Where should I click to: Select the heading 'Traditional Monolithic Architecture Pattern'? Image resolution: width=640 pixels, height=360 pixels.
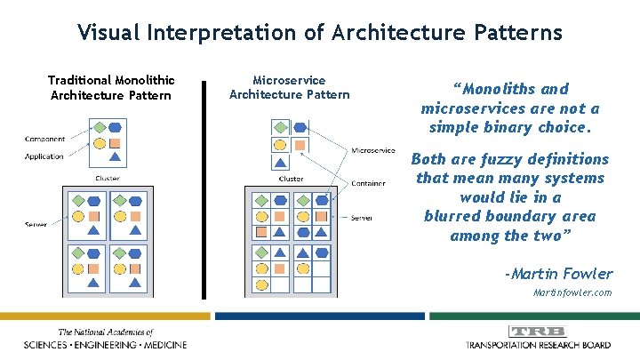111,87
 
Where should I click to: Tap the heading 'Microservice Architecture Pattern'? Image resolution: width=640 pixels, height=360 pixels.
289,87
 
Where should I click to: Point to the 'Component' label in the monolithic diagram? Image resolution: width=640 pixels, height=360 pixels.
44,140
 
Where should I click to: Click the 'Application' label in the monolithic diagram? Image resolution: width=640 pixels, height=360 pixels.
44,156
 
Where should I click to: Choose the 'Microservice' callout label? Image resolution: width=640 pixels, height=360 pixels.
373,150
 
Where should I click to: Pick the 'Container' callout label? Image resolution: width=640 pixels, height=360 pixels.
368,184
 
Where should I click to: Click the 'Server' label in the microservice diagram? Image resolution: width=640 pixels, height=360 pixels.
362,218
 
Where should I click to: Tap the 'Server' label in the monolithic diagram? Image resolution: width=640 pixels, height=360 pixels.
36,224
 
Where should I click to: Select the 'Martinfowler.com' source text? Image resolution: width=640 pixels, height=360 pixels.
572,292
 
